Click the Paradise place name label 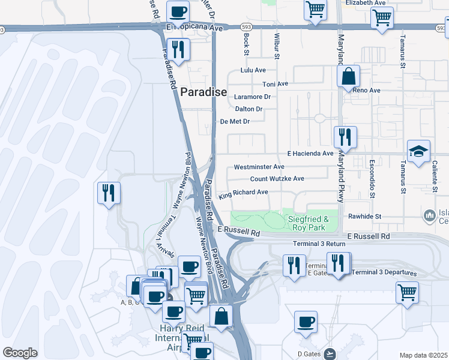[203, 92]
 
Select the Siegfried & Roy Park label [308, 223]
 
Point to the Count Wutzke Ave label [277, 179]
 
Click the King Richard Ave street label [243, 193]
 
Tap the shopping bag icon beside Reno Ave [348, 77]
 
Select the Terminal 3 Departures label [384, 272]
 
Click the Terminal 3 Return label [319, 244]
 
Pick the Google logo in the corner [20, 352]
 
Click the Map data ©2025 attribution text [424, 355]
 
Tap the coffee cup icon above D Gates [306, 322]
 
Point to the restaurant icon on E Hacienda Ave [345, 137]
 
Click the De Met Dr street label [235, 121]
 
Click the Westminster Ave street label [259, 167]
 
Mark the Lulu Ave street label [253, 70]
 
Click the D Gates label [309, 353]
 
